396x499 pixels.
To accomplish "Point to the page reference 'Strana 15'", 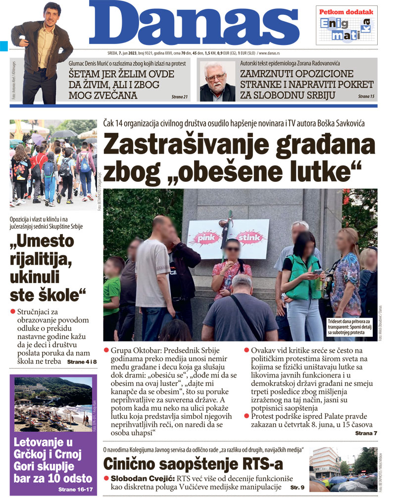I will (x=366, y=96).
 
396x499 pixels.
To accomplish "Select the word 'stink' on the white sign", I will (x=249, y=239).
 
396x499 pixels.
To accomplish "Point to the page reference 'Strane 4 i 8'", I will (x=82, y=362).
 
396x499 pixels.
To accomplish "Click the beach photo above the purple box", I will (x=53, y=404).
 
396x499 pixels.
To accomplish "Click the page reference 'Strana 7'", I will (x=366, y=433).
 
